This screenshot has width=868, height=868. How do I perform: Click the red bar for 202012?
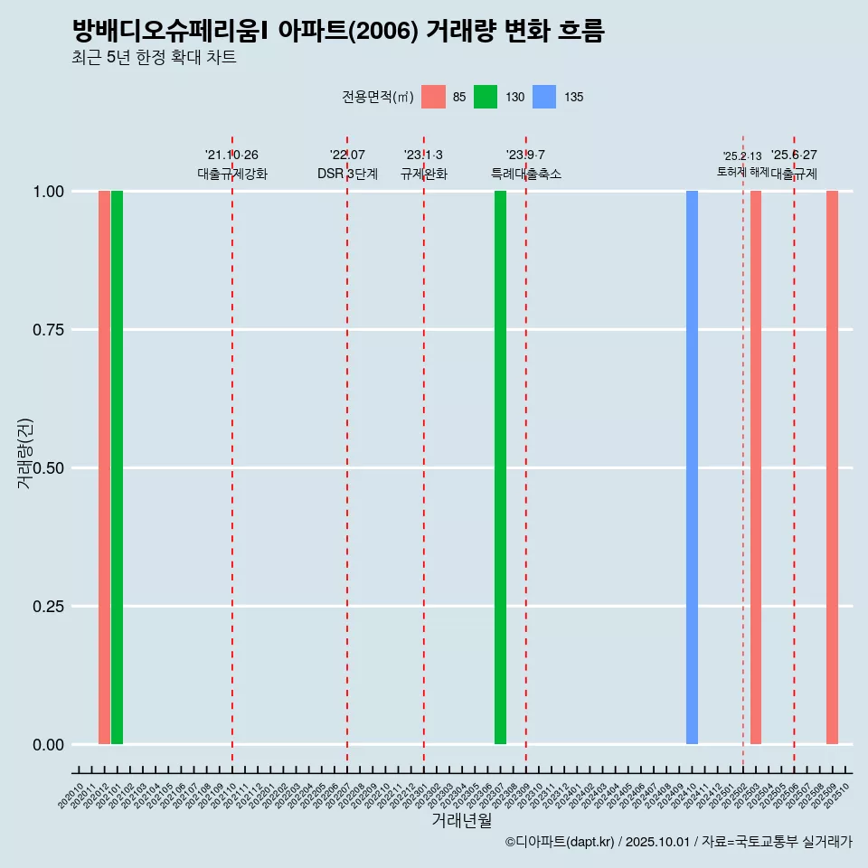tap(104, 467)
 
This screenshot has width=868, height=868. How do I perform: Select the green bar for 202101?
tap(117, 467)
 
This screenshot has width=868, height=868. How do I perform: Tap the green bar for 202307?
tap(500, 467)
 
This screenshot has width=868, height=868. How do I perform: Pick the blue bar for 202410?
tap(692, 467)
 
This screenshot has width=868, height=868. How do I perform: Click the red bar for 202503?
tap(756, 467)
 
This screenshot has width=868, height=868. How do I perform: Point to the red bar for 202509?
tap(832, 467)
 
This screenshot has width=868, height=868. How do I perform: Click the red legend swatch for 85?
tap(433, 97)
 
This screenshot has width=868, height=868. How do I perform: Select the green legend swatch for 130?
tap(486, 97)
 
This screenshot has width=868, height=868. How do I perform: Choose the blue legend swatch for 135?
tap(544, 97)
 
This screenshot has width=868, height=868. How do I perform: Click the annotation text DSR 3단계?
tap(347, 174)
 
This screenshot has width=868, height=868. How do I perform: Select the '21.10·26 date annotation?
tap(231, 155)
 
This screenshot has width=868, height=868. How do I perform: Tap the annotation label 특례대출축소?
tap(526, 174)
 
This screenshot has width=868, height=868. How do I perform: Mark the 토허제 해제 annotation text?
tap(742, 171)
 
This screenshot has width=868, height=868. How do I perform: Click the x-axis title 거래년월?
tap(462, 820)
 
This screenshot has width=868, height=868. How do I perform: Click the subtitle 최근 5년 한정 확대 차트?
tap(154, 58)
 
